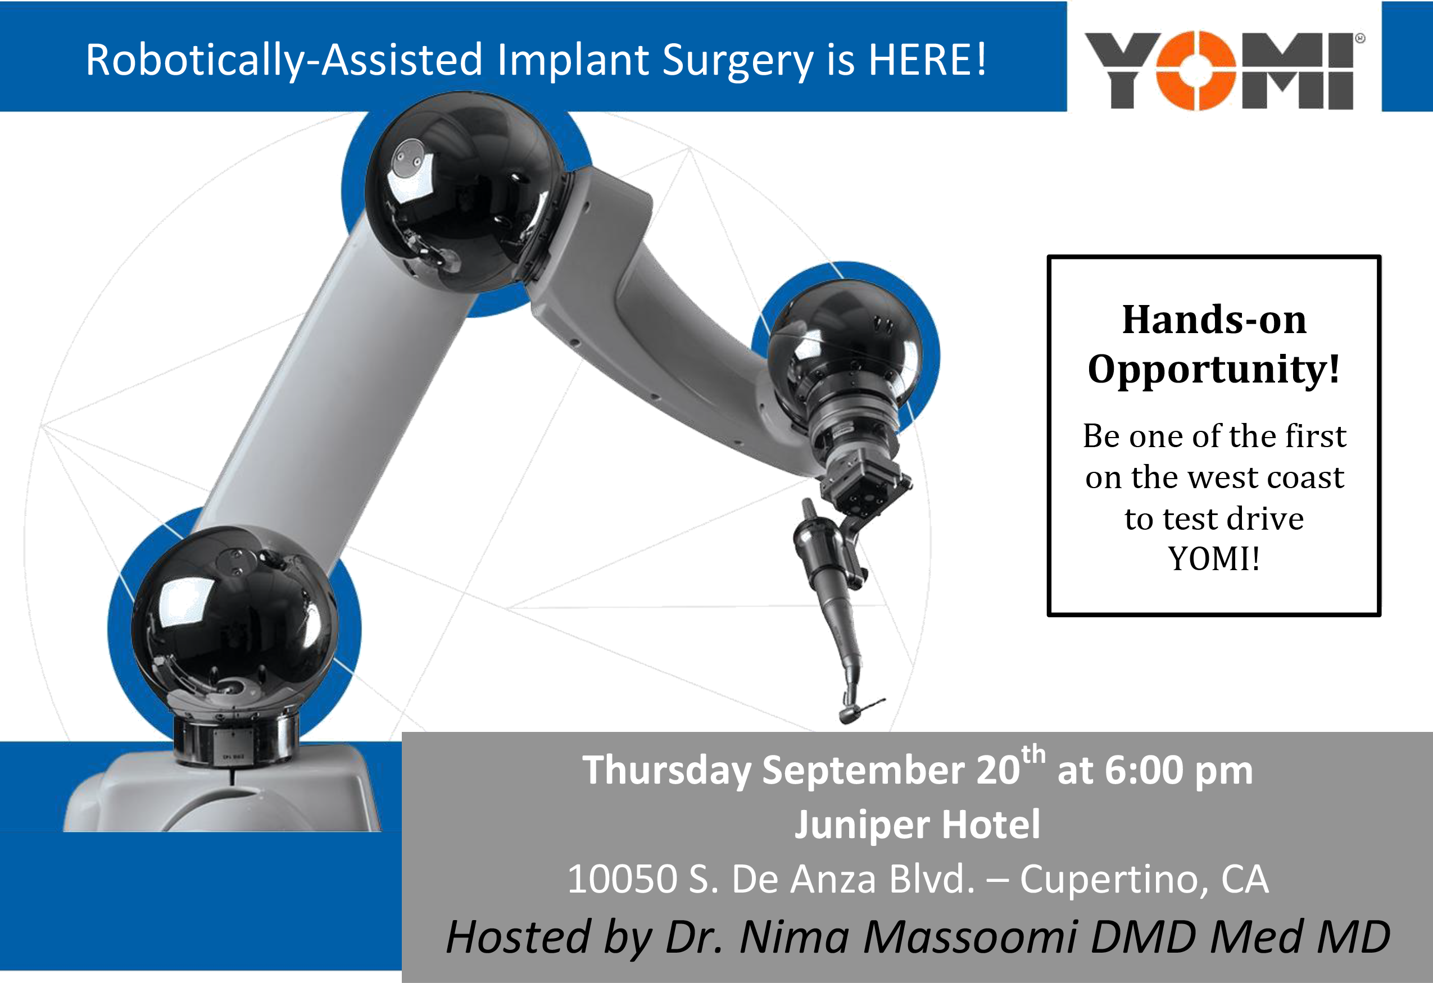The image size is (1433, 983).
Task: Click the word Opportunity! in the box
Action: [x=1213, y=370]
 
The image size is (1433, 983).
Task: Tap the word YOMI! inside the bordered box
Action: [x=1213, y=559]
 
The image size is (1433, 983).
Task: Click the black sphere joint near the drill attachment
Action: [x=845, y=351]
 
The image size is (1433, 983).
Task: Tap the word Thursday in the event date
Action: [x=666, y=770]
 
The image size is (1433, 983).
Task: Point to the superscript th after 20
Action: [x=1033, y=754]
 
